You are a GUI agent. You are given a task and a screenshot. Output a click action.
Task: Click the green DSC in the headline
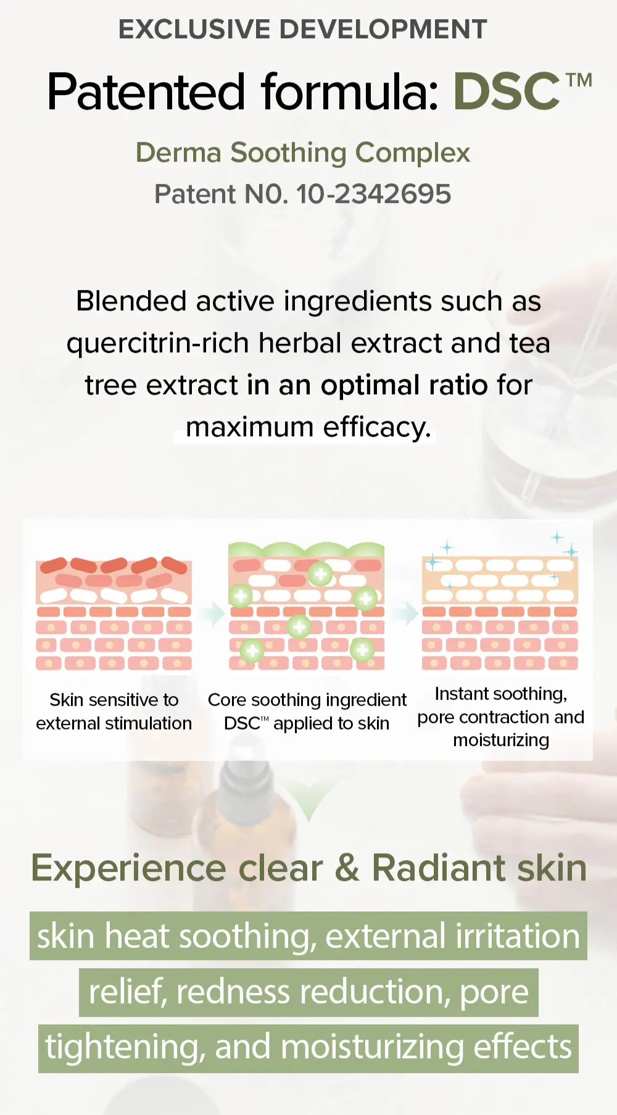507,91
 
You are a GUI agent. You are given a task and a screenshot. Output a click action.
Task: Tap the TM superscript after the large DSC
579,80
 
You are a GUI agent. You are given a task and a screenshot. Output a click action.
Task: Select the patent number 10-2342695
374,194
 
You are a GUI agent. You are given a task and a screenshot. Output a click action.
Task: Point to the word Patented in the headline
146,91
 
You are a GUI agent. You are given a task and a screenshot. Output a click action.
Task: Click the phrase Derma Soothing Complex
303,152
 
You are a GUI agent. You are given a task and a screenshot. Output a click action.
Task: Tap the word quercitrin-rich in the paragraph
157,343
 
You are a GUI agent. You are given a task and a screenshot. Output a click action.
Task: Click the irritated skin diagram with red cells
114,613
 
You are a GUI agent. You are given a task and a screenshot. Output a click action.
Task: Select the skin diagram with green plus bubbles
307,606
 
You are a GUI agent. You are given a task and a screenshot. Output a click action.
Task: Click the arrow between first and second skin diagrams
212,613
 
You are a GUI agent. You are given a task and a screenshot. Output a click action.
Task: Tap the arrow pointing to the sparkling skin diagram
406,613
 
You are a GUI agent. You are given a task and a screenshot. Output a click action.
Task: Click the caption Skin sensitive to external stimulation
114,711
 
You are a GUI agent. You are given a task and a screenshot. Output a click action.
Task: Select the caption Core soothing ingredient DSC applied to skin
307,711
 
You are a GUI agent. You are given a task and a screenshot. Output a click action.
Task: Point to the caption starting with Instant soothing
501,717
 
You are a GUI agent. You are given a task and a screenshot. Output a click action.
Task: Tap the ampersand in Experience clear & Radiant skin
347,868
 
